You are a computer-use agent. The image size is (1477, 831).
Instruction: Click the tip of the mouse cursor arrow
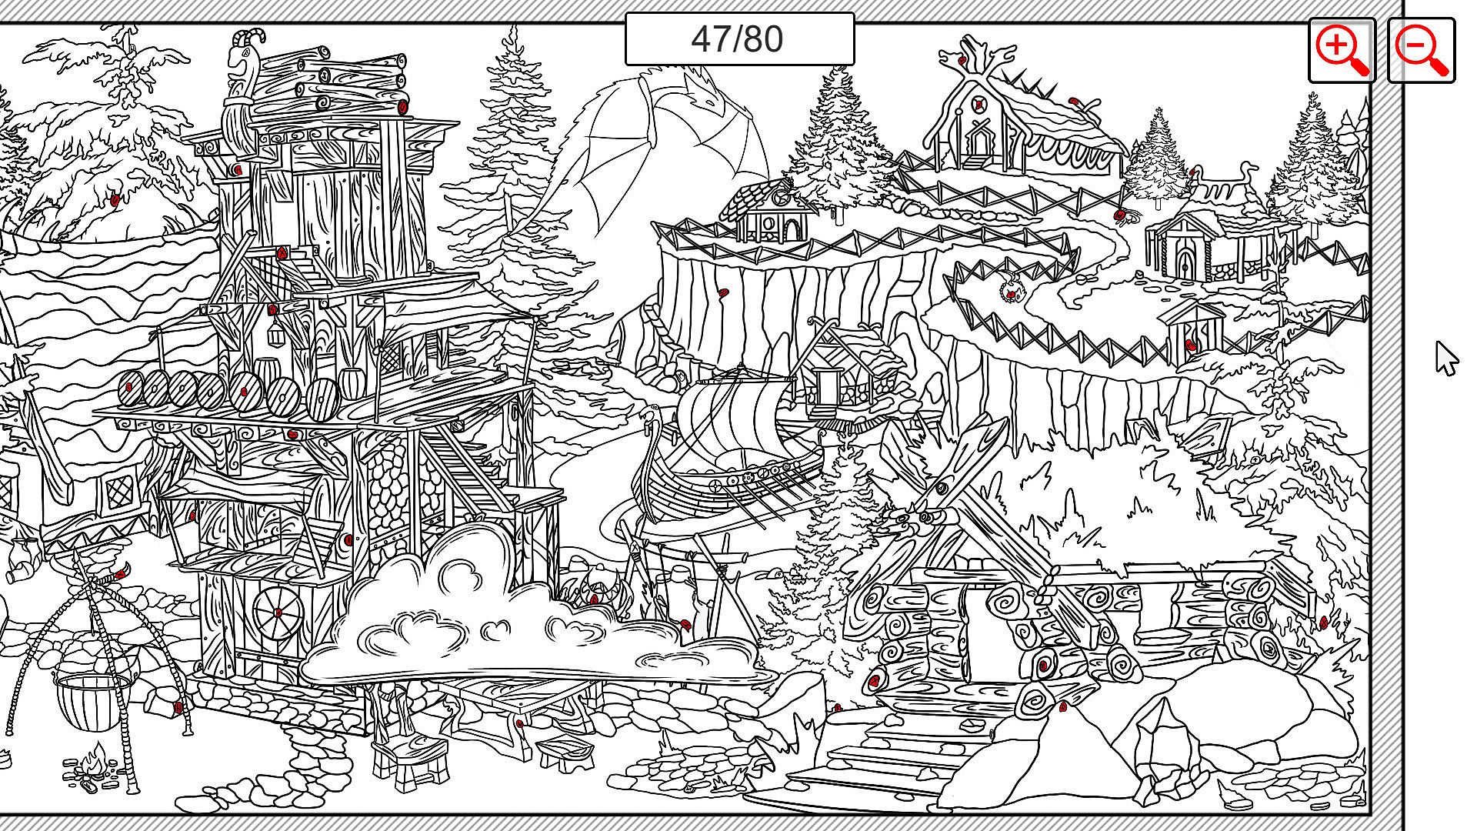[1437, 342]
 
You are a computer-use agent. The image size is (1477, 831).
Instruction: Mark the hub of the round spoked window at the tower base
[278, 612]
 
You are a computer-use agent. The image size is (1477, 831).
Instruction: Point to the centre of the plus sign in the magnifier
[1337, 45]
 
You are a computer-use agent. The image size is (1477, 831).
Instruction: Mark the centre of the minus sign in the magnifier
[1415, 45]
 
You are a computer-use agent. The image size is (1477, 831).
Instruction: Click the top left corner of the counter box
[625, 13]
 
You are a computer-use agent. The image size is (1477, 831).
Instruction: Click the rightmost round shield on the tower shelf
[323, 399]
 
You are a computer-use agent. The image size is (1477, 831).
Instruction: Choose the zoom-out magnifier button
[1422, 51]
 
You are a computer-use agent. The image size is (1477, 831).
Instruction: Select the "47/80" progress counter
[739, 39]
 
